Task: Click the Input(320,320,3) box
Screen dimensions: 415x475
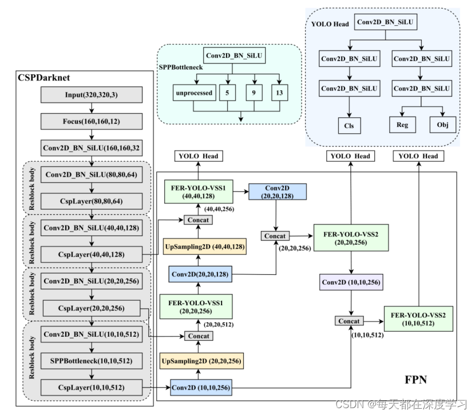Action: pyautogui.click(x=92, y=95)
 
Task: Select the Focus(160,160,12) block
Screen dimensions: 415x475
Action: pyautogui.click(x=92, y=121)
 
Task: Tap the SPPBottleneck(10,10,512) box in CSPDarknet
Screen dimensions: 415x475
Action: pyautogui.click(x=92, y=361)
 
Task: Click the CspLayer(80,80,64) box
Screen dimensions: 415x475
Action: pyautogui.click(x=92, y=201)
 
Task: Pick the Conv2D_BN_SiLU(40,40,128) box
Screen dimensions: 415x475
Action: pyautogui.click(x=92, y=227)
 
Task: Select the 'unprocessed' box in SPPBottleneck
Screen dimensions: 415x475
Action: pyautogui.click(x=193, y=93)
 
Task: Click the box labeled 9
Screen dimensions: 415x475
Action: pyautogui.click(x=254, y=93)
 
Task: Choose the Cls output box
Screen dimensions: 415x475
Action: pyautogui.click(x=349, y=125)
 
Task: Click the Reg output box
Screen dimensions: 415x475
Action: pyautogui.click(x=402, y=125)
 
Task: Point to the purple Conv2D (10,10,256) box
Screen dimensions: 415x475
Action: pyautogui.click(x=350, y=282)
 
